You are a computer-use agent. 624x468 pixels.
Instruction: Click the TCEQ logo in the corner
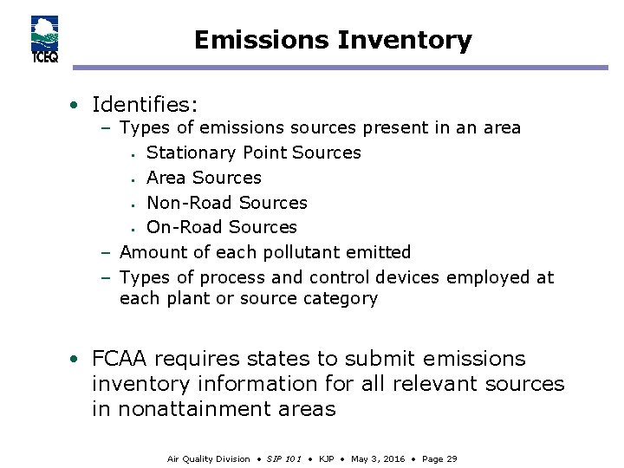(x=44, y=40)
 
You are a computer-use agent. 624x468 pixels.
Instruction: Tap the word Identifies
(x=145, y=106)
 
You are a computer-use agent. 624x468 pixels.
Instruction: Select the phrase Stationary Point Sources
(x=254, y=153)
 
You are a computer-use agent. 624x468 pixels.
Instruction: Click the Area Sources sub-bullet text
(x=204, y=178)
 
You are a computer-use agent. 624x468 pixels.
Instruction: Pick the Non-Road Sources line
(x=227, y=203)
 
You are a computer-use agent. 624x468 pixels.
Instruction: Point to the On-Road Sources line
(x=222, y=228)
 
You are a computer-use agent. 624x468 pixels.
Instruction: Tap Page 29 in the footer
(x=439, y=458)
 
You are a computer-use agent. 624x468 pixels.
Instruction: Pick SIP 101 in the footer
(x=284, y=458)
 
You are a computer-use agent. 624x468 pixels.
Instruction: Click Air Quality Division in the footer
(x=208, y=458)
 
